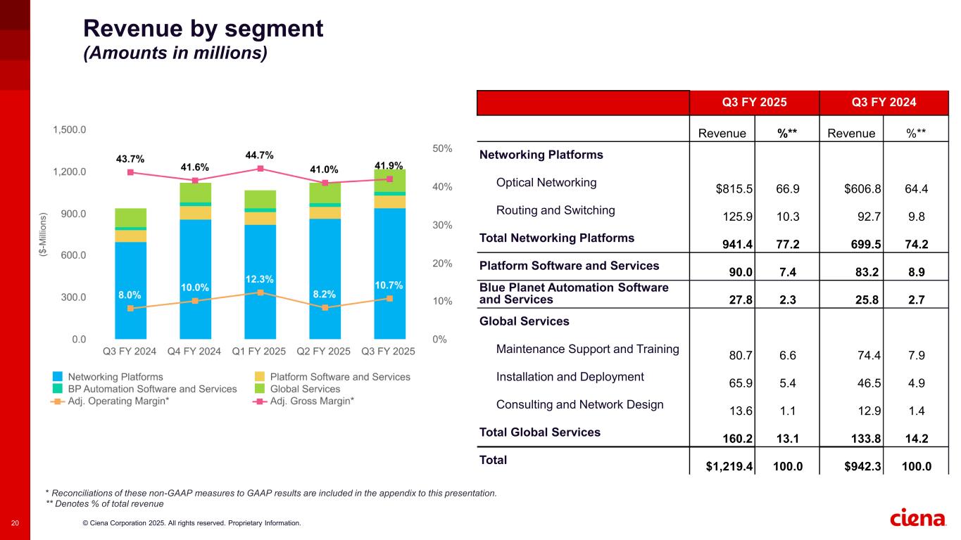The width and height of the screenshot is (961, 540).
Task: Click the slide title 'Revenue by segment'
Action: pyautogui.click(x=203, y=29)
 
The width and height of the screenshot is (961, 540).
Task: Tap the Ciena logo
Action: pyautogui.click(x=919, y=518)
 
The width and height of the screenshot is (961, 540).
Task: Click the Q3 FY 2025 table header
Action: pyautogui.click(x=754, y=103)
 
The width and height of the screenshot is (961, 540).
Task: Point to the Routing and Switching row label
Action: pyautogui.click(x=555, y=210)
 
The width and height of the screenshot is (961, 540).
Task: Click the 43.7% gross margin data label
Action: pyautogui.click(x=130, y=159)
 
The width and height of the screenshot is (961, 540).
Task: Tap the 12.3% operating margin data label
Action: pyautogui.click(x=260, y=279)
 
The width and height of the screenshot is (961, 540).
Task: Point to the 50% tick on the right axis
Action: pyautogui.click(x=442, y=149)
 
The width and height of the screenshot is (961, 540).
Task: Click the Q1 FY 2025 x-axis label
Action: pyautogui.click(x=260, y=351)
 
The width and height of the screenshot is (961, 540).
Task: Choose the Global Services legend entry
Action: pyautogui.click(x=305, y=389)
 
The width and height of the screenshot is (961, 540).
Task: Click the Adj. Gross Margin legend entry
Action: pyautogui.click(x=312, y=401)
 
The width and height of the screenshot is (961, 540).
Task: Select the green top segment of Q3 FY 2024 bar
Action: pyautogui.click(x=130, y=217)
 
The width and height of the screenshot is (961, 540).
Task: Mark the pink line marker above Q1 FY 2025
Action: pyautogui.click(x=260, y=169)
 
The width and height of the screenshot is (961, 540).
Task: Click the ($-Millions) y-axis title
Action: pyautogui.click(x=43, y=234)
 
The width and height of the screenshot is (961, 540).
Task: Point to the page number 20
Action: pyautogui.click(x=15, y=522)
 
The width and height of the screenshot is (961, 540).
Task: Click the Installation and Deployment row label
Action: pyautogui.click(x=570, y=377)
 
